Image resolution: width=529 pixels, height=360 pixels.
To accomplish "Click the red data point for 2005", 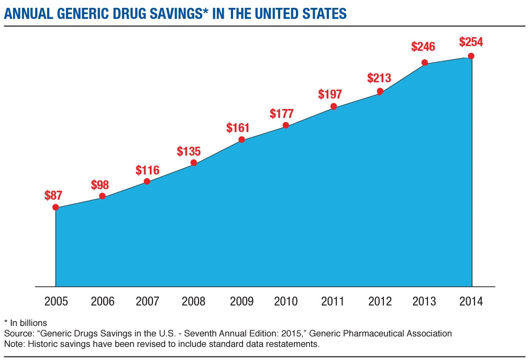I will [56, 207].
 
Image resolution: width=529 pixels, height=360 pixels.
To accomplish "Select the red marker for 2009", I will [241, 139].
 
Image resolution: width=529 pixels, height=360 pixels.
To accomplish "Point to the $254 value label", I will [471, 42].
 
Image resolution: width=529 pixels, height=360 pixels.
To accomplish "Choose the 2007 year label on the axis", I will [148, 301].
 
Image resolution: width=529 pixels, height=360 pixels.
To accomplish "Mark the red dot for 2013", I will [425, 63].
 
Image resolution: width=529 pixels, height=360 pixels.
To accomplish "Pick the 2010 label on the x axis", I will [286, 301].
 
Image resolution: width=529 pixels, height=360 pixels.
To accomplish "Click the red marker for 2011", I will [334, 107].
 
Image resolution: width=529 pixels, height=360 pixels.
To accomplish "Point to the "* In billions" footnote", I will [26, 323].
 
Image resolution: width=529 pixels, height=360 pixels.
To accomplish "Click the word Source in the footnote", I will [17, 333].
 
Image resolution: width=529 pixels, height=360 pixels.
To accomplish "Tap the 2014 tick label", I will [470, 301].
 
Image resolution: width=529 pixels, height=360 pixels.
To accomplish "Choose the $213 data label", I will [379, 79].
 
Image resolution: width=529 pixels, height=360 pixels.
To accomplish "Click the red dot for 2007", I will [147, 181].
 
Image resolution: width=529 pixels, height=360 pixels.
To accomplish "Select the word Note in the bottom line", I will [13, 344].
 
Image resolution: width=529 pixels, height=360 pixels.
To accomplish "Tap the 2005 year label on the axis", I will [56, 301].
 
